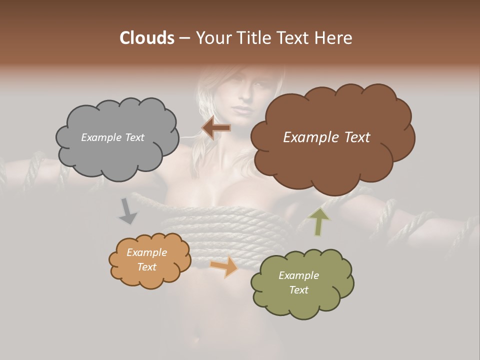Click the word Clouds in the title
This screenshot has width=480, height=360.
(147, 38)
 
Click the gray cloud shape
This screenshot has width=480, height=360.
(116, 150)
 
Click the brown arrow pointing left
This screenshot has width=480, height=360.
(215, 128)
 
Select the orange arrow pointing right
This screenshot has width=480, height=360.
(223, 265)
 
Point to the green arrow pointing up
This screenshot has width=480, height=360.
(318, 221)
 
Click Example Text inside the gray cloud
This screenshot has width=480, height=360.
(112, 137)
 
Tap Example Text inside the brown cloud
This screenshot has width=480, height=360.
(326, 137)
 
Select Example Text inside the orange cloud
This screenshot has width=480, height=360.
(146, 259)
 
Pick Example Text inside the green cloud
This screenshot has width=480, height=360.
(298, 282)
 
